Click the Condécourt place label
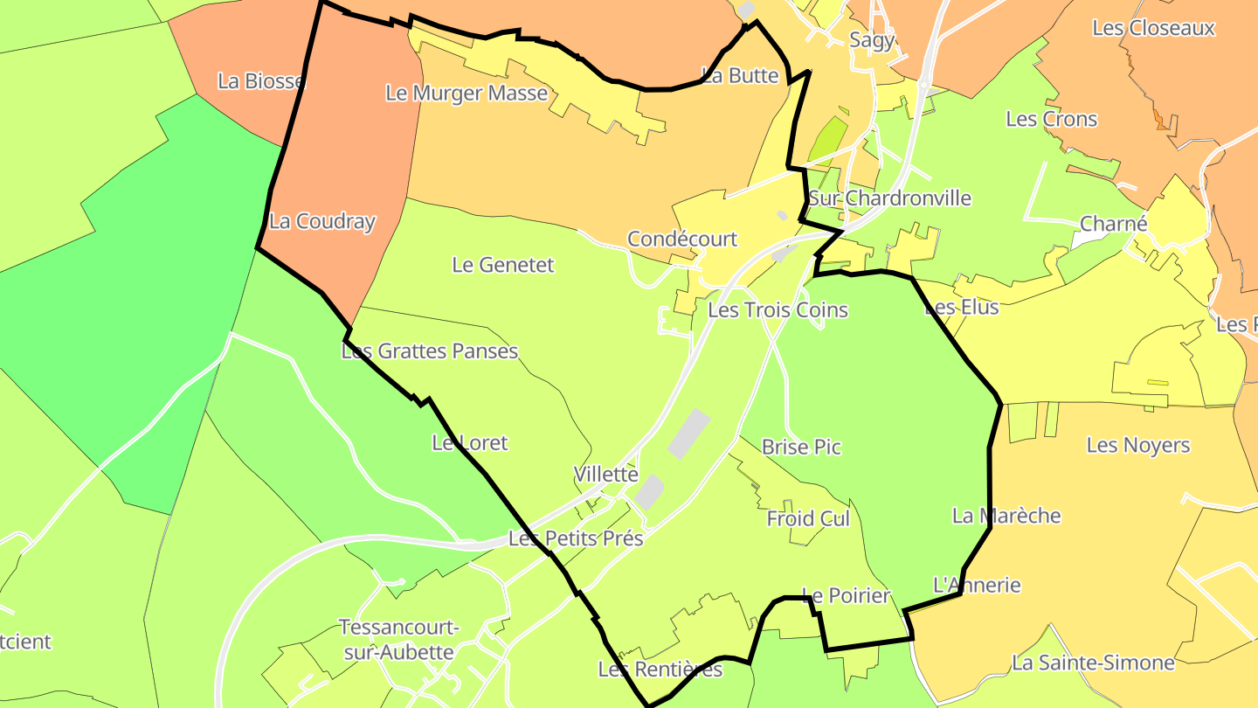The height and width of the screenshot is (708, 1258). [682, 239]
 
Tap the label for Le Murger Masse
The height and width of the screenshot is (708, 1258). [467, 93]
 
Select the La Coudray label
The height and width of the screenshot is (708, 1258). [321, 221]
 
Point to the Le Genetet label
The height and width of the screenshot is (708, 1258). [502, 264]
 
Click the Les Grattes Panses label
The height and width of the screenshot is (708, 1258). [429, 351]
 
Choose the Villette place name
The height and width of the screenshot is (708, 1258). [605, 474]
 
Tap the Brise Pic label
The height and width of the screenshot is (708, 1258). [801, 447]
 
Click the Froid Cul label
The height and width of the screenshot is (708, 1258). [808, 518]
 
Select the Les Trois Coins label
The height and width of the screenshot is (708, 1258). [778, 309]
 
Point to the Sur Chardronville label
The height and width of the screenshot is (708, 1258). [889, 198]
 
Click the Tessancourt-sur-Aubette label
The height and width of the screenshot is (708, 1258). [398, 640]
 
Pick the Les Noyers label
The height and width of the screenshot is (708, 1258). [1137, 445]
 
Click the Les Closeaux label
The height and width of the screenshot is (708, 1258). [1153, 28]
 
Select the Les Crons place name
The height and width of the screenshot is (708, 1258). [1051, 118]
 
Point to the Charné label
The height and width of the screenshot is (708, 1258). [1113, 224]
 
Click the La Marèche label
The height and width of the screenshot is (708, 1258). [1006, 516]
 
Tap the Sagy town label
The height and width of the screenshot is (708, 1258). [872, 39]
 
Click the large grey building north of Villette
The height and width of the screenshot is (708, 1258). [688, 434]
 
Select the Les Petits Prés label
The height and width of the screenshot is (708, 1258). [576, 538]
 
